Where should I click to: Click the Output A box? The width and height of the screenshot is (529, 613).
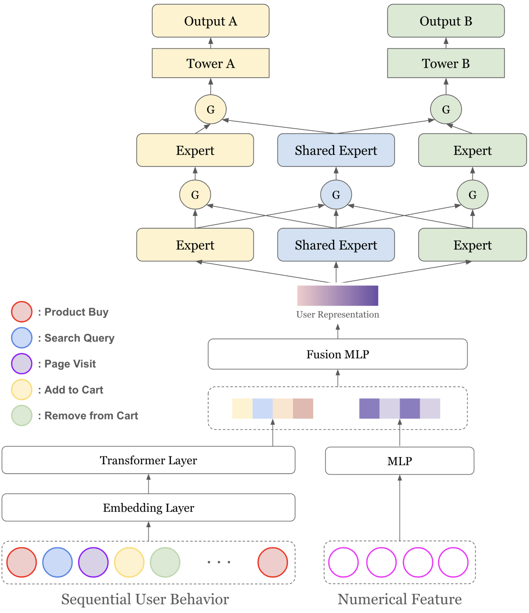pos(211,21)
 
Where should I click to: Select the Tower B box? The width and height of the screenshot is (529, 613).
pos(446,63)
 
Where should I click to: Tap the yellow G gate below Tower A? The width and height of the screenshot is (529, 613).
pos(211,109)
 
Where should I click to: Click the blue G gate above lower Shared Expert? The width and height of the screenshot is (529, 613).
pos(336,195)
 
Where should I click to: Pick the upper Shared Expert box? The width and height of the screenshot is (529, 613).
pos(336,150)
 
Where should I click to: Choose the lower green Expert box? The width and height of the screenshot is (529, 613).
pos(472,245)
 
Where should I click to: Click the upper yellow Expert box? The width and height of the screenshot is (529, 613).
pos(195,150)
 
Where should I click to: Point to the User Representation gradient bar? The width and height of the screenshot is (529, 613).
pos(338,296)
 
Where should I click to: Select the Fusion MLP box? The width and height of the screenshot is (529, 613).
pos(338,354)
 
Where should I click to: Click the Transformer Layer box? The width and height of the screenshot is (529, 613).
pos(148,460)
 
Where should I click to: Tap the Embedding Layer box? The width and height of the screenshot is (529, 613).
pos(148,508)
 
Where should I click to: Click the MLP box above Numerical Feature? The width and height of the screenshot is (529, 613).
pos(400,461)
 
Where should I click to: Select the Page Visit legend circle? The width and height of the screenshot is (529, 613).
pos(22,364)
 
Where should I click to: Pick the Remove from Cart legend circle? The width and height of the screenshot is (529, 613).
pos(22,416)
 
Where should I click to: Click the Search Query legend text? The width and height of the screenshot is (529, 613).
pos(79,338)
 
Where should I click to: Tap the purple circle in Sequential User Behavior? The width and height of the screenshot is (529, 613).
pos(93,562)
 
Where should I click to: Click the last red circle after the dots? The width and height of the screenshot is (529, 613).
pos(273,562)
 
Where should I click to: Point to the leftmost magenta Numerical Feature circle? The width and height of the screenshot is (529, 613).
pos(344,562)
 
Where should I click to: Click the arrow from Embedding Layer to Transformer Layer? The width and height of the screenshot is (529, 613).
pos(148,484)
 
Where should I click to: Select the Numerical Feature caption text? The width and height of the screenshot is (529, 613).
pos(400,599)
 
